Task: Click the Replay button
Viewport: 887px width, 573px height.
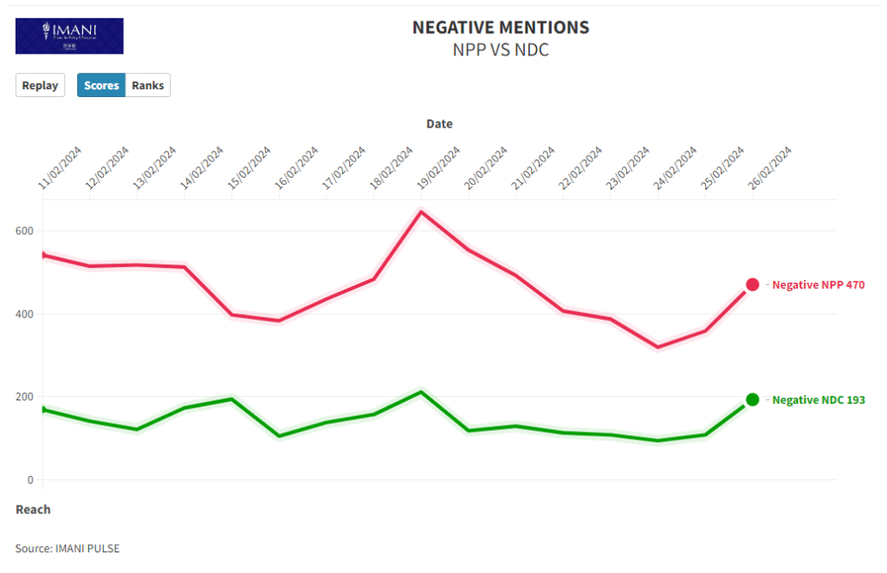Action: pyautogui.click(x=40, y=86)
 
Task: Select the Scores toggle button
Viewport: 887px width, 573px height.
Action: pyautogui.click(x=101, y=86)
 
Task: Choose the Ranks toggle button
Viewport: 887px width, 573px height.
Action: pyautogui.click(x=147, y=86)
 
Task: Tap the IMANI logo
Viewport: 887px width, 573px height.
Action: pyautogui.click(x=69, y=36)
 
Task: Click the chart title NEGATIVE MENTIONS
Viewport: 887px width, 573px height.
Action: pyautogui.click(x=501, y=28)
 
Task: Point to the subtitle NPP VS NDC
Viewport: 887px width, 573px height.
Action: pyautogui.click(x=501, y=50)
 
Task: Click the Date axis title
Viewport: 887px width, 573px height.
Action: pyautogui.click(x=439, y=124)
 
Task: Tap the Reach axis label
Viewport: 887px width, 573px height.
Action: pyautogui.click(x=33, y=510)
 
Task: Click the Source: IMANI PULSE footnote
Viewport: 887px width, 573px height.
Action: pyautogui.click(x=68, y=549)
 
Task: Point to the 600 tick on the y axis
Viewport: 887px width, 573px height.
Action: pyautogui.click(x=26, y=231)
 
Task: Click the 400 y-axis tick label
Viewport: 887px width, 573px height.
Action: pyautogui.click(x=26, y=314)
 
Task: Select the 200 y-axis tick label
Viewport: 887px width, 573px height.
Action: pyautogui.click(x=26, y=397)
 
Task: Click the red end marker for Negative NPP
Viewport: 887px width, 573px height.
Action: pyautogui.click(x=753, y=285)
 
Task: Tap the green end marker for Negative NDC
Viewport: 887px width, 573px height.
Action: pyautogui.click(x=753, y=400)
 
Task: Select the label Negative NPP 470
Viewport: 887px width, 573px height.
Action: pyautogui.click(x=818, y=285)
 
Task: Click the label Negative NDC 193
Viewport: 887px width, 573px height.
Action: pyautogui.click(x=818, y=400)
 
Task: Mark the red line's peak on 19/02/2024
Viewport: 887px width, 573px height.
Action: pyautogui.click(x=421, y=212)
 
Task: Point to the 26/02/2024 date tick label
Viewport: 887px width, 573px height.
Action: pyautogui.click(x=770, y=167)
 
